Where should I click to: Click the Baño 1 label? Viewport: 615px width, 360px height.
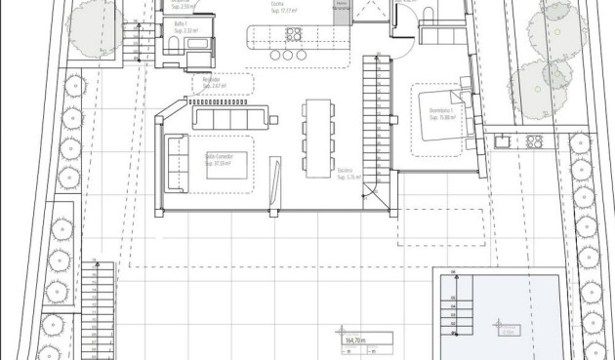(181, 24)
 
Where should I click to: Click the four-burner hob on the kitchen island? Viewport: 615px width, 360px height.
(292, 35)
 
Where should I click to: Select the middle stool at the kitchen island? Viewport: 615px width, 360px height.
(289, 55)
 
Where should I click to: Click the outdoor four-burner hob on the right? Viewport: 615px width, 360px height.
(534, 140)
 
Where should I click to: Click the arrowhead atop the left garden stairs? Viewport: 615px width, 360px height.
(96, 260)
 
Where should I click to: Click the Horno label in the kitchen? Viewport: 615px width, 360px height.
(340, 6)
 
